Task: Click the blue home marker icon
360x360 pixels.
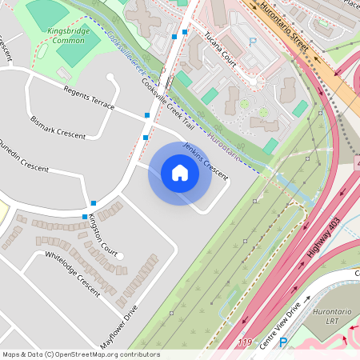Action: pos(179,173)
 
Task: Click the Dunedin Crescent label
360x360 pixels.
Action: pos(23,157)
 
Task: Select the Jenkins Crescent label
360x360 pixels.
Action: pos(206,158)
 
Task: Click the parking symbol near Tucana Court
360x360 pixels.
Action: pos(253,42)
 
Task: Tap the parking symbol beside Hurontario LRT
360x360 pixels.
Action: pos(282,342)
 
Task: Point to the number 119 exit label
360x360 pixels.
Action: pos(245,342)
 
